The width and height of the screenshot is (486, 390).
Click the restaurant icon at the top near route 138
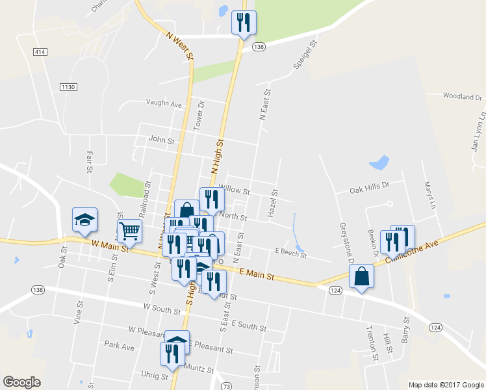click(x=244, y=23)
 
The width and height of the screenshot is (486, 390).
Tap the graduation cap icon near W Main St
click(x=84, y=220)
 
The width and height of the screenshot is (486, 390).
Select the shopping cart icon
click(x=129, y=231)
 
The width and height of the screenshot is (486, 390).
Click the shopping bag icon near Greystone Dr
click(x=361, y=276)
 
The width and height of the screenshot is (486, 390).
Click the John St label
click(x=162, y=140)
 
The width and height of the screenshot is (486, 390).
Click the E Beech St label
click(x=290, y=253)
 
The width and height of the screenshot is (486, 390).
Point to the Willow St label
click(x=234, y=191)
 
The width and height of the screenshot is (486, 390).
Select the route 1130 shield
click(x=68, y=87)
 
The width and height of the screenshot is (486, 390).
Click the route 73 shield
click(x=226, y=386)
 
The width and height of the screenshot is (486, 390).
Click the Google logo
click(x=21, y=382)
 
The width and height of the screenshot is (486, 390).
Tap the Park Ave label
click(x=120, y=347)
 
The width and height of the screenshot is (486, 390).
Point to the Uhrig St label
click(x=155, y=375)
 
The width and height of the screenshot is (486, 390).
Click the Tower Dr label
click(x=201, y=113)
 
